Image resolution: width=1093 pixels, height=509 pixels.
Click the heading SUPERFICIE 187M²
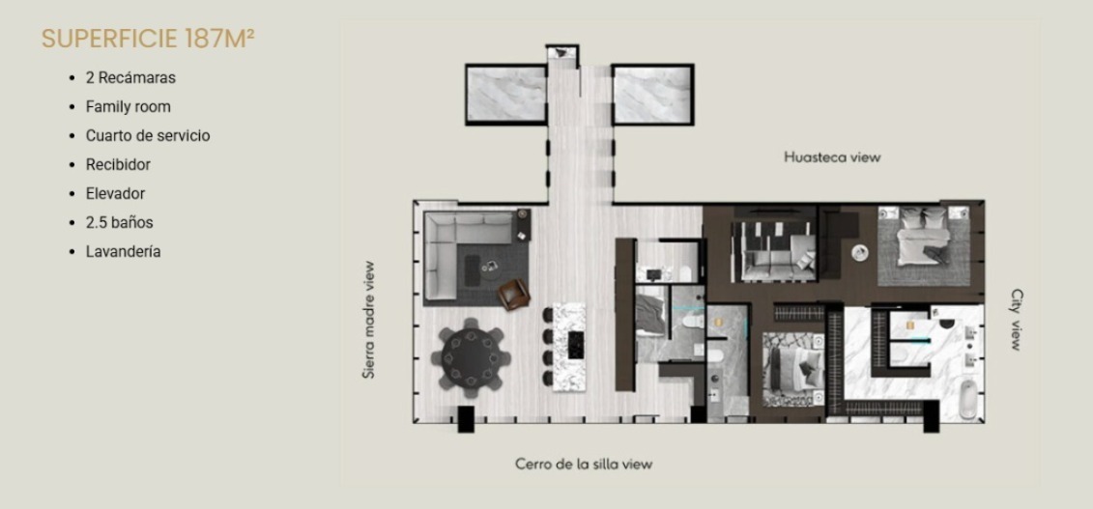click(x=148, y=39)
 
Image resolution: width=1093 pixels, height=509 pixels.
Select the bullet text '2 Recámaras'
click(x=130, y=78)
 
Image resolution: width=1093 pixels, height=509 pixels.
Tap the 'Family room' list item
click(x=129, y=107)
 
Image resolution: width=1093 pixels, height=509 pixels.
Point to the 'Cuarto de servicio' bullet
click(x=148, y=136)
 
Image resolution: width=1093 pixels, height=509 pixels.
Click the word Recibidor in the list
click(x=118, y=165)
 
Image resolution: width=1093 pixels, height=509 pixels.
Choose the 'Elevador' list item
click(x=115, y=193)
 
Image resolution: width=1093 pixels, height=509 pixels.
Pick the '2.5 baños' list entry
click(x=119, y=223)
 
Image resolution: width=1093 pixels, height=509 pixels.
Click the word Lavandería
click(x=124, y=252)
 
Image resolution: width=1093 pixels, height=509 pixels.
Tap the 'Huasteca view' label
click(x=832, y=157)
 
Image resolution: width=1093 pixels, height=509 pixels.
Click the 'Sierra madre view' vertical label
click(x=369, y=320)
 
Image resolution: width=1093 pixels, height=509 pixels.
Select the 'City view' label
click(x=1016, y=320)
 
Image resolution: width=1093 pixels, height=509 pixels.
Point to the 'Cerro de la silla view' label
click(x=584, y=464)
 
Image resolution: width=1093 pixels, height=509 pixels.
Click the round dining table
click(x=472, y=358)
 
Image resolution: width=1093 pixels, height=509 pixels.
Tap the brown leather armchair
click(x=514, y=295)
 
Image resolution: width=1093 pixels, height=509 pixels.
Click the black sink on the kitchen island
click(x=576, y=345)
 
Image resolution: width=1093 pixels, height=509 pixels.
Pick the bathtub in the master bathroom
click(x=969, y=401)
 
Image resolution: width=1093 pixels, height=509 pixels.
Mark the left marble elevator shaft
click(x=506, y=95)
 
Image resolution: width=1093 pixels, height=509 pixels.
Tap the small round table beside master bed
click(x=860, y=253)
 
